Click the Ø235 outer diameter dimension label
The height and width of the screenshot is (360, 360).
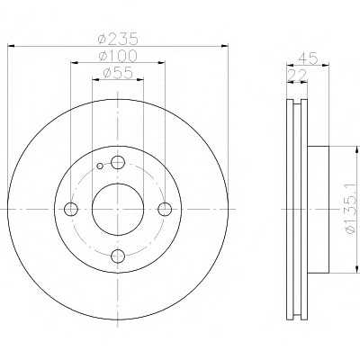(118, 39)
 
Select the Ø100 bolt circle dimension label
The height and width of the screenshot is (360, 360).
(118, 56)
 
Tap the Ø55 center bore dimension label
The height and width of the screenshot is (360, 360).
(118, 73)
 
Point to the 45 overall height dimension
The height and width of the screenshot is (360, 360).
(308, 58)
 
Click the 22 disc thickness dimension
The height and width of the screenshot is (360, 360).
(297, 75)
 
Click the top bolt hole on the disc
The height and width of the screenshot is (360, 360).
(118, 163)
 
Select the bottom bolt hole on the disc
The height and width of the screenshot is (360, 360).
(118, 256)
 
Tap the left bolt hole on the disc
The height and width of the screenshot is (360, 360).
(71, 209)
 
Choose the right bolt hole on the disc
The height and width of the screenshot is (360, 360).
(165, 209)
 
